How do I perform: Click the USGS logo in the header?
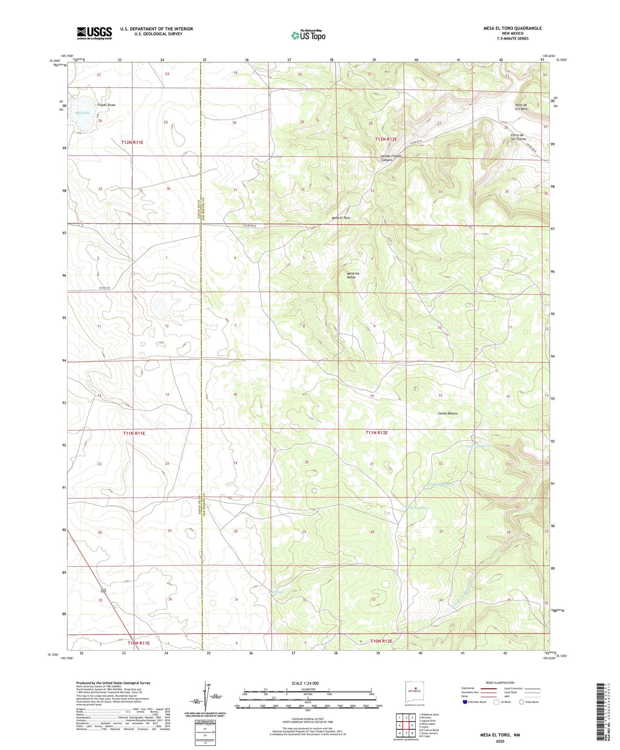pos(94,33)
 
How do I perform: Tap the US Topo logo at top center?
pos(308,35)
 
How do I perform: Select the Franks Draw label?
pos(106,105)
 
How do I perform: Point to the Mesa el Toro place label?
pos(341,218)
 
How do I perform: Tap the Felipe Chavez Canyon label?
pos(391,158)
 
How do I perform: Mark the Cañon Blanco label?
pos(448,413)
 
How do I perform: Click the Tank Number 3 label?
pos(477,446)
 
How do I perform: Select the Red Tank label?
pos(275,592)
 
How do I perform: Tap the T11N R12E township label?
pos(376,433)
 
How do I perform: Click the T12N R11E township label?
pos(132,142)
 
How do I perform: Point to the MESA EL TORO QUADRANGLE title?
pos(512,28)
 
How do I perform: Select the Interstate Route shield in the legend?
pos(465,714)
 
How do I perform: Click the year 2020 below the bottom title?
pos(500,741)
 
